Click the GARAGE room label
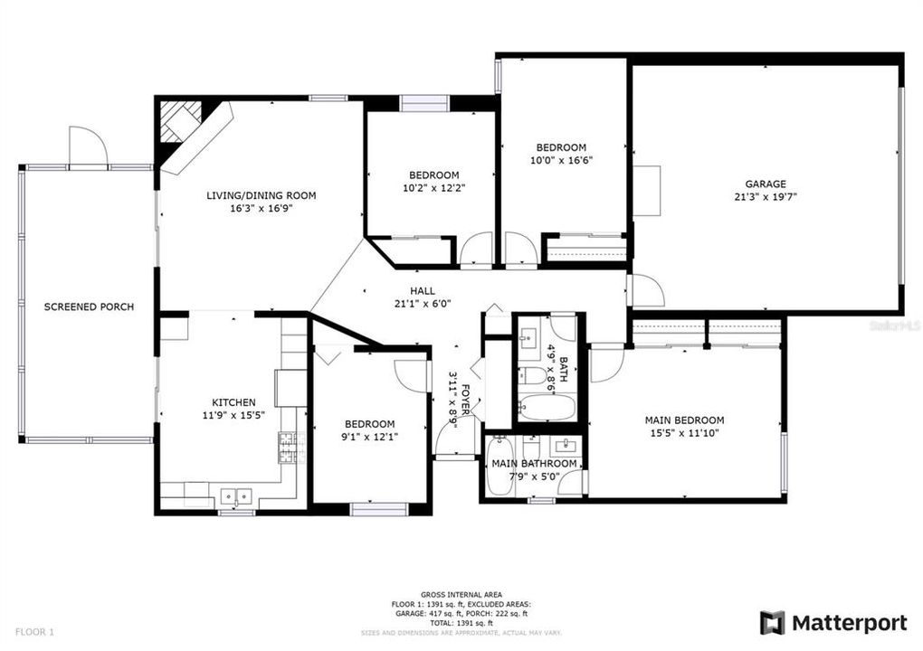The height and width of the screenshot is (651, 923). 765,184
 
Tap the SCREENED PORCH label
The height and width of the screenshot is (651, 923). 89,307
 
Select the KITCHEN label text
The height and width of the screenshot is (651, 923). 233,402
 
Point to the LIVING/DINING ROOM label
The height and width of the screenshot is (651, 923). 262,195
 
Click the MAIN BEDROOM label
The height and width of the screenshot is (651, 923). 684,420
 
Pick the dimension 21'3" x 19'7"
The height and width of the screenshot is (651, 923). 765,196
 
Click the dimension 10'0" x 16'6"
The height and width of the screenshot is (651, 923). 561,160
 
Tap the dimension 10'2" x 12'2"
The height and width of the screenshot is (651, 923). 433,188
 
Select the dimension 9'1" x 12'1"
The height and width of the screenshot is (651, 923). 369,438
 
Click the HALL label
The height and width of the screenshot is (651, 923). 422,291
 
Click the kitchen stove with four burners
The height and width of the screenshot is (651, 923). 288,448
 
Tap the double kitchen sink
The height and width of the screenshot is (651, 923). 237,495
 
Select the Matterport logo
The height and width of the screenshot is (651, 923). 833,622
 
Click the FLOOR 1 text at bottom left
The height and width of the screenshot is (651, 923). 34,631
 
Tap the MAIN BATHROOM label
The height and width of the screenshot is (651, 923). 534,465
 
